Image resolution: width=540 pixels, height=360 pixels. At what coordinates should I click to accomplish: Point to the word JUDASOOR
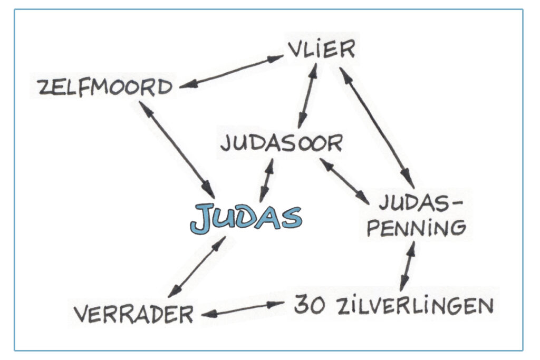[x=282, y=143]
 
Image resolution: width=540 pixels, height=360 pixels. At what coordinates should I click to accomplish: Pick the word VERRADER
[x=134, y=315]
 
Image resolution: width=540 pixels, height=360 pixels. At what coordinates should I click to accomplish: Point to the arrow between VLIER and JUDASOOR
[x=307, y=96]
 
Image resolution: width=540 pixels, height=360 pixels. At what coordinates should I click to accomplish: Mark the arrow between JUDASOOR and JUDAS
[x=267, y=181]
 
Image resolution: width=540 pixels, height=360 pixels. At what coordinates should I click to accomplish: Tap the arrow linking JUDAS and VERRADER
[x=197, y=267]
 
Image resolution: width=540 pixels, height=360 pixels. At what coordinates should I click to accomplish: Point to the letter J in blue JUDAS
[x=201, y=218]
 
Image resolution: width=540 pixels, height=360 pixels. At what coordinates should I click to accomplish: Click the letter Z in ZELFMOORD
[x=44, y=87]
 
